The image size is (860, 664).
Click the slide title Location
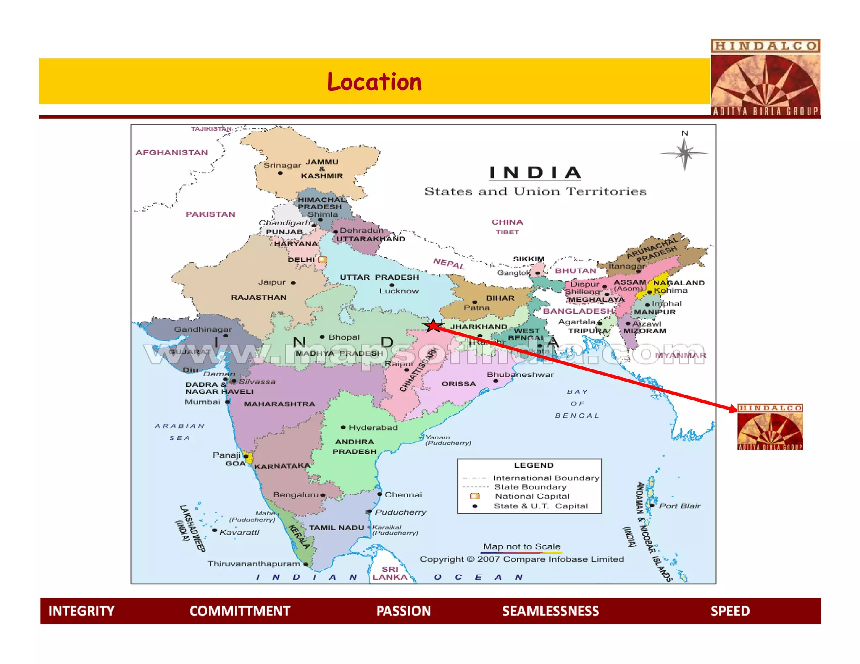click(374, 81)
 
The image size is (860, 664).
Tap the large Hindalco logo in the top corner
click(765, 78)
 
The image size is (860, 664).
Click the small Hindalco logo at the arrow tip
click(770, 427)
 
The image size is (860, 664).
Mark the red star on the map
click(433, 326)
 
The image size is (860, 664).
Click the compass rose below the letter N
click(684, 153)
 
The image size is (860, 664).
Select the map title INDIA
click(535, 173)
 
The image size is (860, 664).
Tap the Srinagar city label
click(282, 165)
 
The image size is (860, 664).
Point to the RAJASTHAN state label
click(259, 297)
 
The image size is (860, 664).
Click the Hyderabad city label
click(373, 428)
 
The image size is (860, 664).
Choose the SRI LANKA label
click(390, 573)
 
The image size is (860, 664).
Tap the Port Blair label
click(679, 506)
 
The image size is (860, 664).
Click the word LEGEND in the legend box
click(533, 465)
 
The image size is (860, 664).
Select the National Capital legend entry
click(532, 496)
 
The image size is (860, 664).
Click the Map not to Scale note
click(522, 546)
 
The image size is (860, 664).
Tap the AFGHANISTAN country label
click(172, 152)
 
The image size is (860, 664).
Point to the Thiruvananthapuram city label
click(254, 564)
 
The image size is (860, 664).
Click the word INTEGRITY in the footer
click(81, 611)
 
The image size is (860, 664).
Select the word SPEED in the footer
click(730, 611)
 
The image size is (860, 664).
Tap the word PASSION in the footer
click(404, 611)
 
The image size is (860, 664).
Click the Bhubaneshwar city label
click(520, 374)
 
